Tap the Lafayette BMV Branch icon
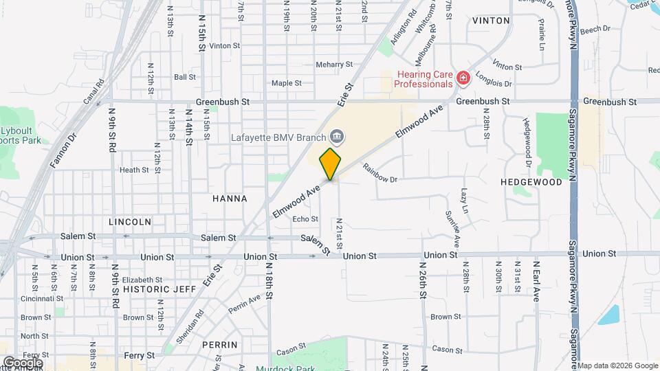336,135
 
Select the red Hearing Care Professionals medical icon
463,79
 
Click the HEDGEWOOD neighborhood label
531,182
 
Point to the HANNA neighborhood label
230,199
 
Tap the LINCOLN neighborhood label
130,222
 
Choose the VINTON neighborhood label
491,21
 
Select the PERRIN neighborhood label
220,344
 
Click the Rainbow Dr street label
380,174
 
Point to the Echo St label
305,219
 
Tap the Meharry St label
334,65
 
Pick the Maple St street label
287,83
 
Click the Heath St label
134,170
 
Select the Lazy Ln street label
465,199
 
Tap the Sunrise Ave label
454,229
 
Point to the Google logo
23,362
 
